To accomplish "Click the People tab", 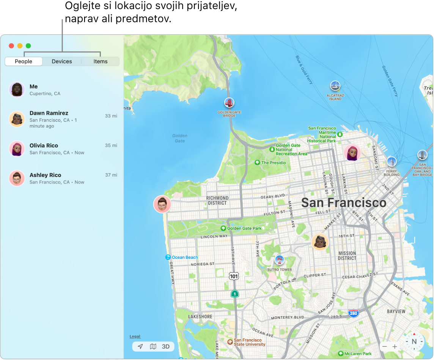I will tap(24, 61).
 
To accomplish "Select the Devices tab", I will tap(62, 61).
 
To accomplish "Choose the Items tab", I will tap(101, 61).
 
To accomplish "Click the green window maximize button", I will tap(28, 46).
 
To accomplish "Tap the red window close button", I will tap(11, 46).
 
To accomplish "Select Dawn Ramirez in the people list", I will tap(49, 113).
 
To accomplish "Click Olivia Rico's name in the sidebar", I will tap(44, 146).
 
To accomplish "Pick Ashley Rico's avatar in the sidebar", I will tap(17, 178).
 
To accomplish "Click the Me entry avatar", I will tap(17, 90).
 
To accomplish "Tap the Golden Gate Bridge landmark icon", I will tap(229, 103).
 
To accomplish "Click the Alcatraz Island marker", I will tap(335, 86).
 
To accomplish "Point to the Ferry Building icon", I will tap(391, 162).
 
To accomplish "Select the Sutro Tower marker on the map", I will tap(279, 260).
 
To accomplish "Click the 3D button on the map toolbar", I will tap(166, 346).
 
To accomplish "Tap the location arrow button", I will tap(140, 346).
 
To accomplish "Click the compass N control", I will tap(414, 341).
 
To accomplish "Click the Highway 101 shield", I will tap(234, 276).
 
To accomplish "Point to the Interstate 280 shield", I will tap(354, 313).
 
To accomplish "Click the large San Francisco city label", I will tap(344, 203).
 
